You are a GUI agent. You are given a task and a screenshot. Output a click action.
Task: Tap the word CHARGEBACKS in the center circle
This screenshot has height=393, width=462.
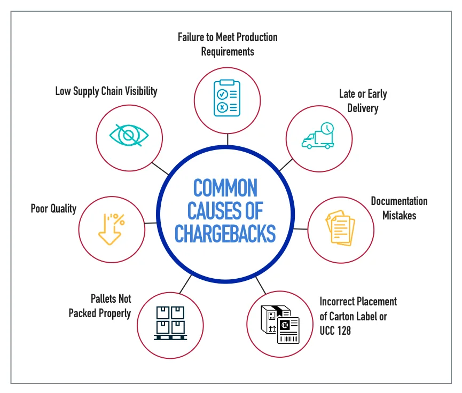click(x=225, y=233)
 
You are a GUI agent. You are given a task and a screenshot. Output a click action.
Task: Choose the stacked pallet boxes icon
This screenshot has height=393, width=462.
click(x=170, y=323)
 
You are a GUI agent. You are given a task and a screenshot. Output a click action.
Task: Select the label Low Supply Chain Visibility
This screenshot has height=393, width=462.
click(x=106, y=91)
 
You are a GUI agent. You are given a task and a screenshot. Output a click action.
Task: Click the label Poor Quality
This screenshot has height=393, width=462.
click(x=53, y=208)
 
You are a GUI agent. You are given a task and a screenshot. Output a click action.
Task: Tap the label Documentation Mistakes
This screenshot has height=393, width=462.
click(x=399, y=208)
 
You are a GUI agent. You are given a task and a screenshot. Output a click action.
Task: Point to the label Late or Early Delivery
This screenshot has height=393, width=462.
click(x=363, y=101)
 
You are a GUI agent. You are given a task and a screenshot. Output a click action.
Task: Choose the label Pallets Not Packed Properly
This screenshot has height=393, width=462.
click(x=100, y=306)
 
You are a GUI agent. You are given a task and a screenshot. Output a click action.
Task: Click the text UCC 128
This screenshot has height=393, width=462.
click(x=335, y=331)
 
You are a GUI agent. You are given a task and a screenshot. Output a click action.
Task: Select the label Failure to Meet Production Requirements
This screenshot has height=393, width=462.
click(x=228, y=44)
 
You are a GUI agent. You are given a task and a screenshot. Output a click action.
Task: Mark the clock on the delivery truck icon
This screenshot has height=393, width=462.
click(x=327, y=128)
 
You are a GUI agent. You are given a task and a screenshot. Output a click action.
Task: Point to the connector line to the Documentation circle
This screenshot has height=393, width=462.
click(x=300, y=228)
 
